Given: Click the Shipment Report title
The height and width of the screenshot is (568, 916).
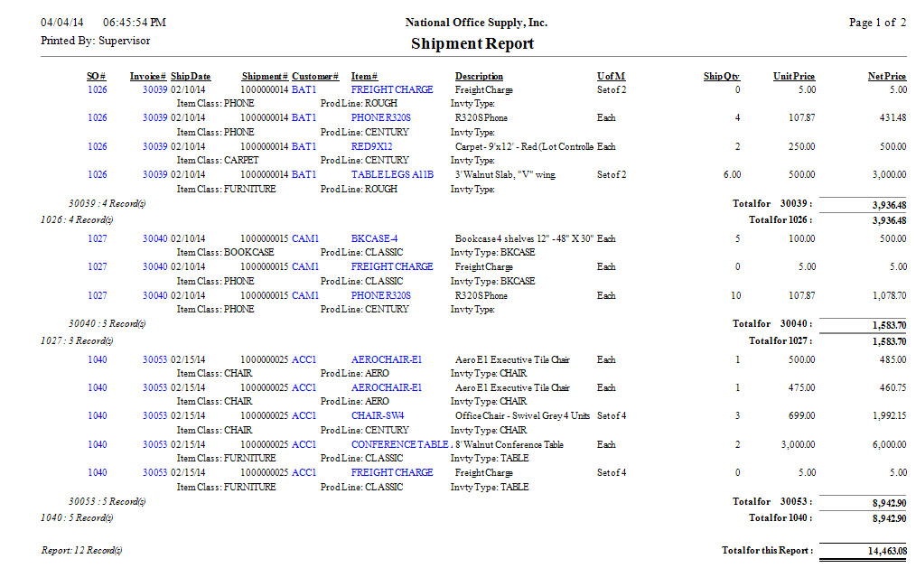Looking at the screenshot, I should (x=472, y=43).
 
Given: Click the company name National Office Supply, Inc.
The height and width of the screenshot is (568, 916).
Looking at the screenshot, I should (x=476, y=23).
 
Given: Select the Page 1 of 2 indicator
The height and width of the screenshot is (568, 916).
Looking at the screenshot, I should (x=877, y=23).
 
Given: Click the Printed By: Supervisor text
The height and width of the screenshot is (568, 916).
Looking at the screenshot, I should (x=96, y=41).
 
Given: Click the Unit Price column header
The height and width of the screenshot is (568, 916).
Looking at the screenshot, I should (x=794, y=77).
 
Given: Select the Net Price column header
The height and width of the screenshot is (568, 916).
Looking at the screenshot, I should (x=886, y=77).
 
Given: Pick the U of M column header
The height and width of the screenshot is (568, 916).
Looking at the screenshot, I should (x=612, y=77).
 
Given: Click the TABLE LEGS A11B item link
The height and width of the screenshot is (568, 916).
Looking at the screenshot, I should (x=392, y=175).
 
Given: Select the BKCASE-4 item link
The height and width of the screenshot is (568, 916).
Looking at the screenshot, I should (x=375, y=239).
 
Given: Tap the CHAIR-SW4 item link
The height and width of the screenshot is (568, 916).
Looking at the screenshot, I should (x=378, y=416).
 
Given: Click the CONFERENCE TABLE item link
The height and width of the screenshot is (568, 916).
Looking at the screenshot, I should (x=400, y=444).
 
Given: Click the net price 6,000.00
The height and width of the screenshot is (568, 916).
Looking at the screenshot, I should (x=886, y=444).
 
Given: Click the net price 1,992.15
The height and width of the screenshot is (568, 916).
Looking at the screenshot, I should (x=886, y=416).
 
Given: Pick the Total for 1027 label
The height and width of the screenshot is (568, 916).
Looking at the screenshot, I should (x=780, y=341).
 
